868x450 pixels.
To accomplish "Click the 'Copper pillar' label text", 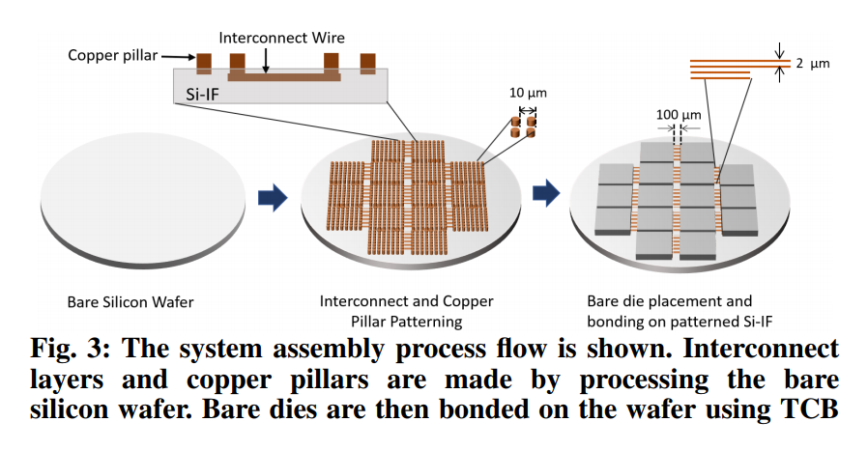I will point(109,55).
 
